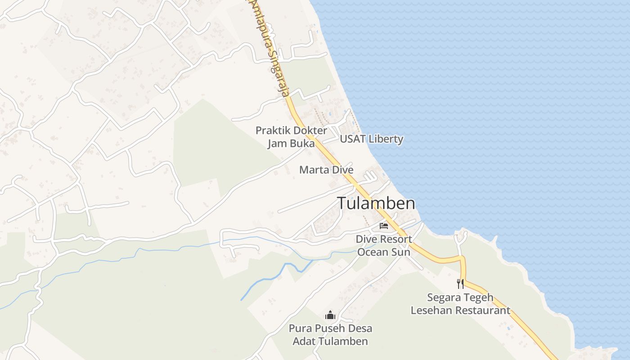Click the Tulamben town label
(376, 203)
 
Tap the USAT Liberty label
(371, 139)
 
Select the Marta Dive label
(326, 170)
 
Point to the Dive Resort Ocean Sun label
(384, 246)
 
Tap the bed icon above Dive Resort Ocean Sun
(384, 225)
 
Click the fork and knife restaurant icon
(460, 283)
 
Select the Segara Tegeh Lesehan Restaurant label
(460, 304)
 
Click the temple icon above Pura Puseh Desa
(330, 315)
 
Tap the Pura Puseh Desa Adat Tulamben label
(330, 335)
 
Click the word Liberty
(384, 139)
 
